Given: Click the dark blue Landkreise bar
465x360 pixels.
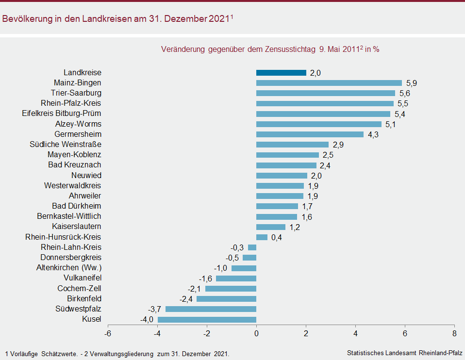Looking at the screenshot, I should tap(281, 73).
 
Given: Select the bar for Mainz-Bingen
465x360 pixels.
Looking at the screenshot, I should tap(329, 83).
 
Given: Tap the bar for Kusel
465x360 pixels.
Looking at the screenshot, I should tap(207, 319).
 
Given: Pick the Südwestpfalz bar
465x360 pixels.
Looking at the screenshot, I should tap(211, 309).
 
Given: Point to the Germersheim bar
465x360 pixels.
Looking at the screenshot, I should tap(310, 134).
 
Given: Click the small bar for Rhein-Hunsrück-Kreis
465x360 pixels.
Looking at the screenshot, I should tap(262, 237).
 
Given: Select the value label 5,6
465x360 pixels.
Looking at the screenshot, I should tap(405, 93).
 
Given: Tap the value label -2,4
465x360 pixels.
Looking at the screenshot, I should tap(186, 299).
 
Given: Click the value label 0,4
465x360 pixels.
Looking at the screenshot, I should tap(277, 237).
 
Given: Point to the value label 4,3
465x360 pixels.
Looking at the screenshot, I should tap(373, 134).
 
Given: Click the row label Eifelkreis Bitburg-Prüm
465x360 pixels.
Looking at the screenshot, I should tap(62, 114).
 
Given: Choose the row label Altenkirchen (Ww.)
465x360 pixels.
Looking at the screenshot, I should tap(69, 268).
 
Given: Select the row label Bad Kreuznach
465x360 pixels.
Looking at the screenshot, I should tap(75, 165).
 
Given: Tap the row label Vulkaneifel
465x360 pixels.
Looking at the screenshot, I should tap(83, 278).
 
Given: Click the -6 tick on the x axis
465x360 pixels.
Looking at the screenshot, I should tap(108, 334).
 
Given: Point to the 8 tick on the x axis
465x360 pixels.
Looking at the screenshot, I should tap(454, 334).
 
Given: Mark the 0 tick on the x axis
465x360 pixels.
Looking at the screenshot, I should tap(256, 334).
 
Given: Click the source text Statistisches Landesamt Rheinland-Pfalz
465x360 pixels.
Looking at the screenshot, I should tap(405, 353).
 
